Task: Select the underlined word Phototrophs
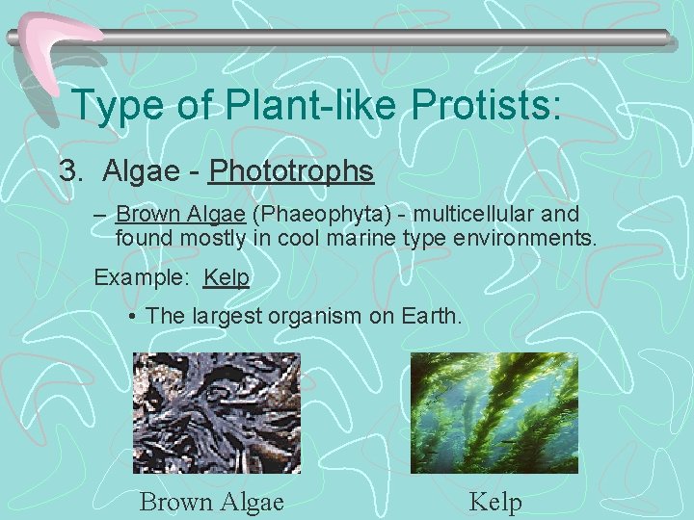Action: (291, 171)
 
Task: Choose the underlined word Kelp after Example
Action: (227, 278)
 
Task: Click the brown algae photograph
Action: (216, 412)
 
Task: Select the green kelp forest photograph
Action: (494, 412)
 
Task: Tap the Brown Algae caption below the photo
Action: (211, 502)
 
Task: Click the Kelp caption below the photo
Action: (494, 502)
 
